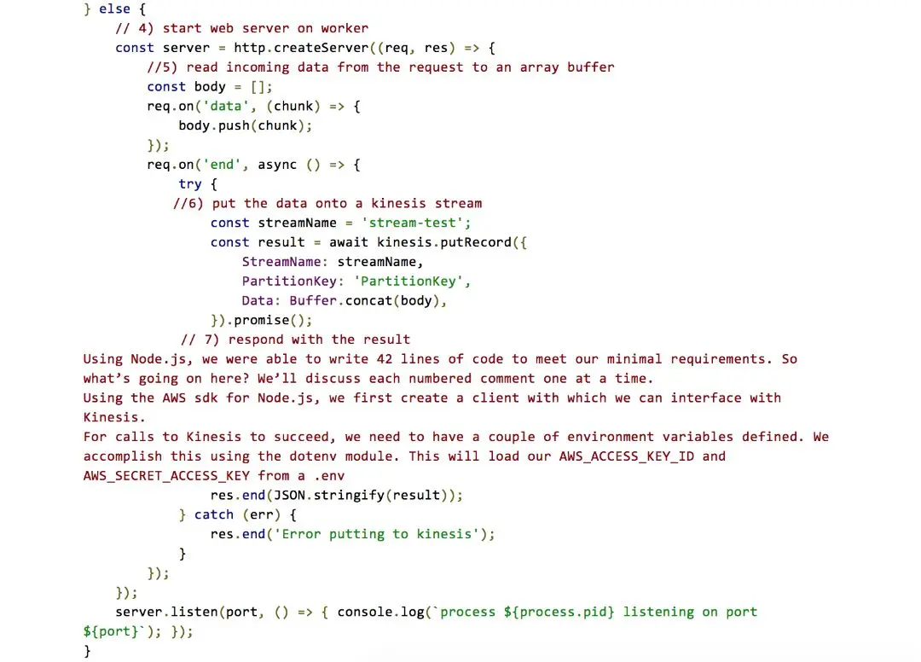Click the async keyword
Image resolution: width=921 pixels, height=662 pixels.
tap(277, 165)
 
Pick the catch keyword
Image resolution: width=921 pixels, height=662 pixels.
tap(214, 514)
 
